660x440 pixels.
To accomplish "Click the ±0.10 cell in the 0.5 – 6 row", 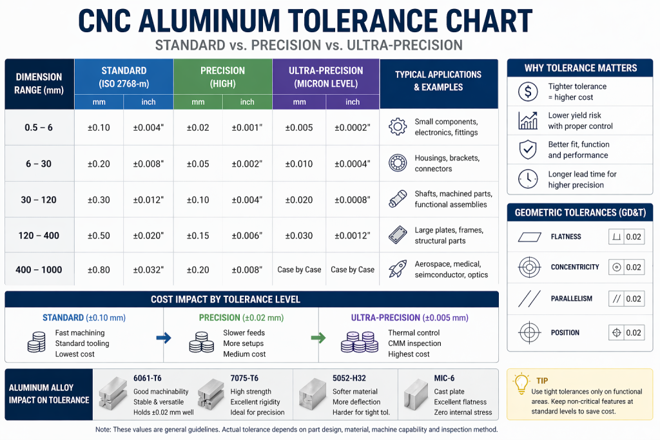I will pyautogui.click(x=99, y=128).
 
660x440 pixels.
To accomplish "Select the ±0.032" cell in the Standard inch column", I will pyautogui.click(x=148, y=270).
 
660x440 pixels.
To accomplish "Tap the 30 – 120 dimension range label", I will pyautogui.click(x=39, y=200).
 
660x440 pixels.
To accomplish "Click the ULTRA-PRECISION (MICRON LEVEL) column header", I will pyautogui.click(x=325, y=77).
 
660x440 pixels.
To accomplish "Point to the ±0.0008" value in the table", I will pyautogui.click(x=353, y=200).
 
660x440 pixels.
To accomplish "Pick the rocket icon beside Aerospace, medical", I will pyautogui.click(x=398, y=269).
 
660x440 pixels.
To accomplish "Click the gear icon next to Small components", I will pyautogui.click(x=398, y=127).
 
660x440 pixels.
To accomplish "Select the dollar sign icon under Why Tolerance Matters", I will pyautogui.click(x=528, y=92).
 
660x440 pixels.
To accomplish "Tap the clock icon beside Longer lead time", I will pyautogui.click(x=528, y=179).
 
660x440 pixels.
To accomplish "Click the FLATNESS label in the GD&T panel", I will pyautogui.click(x=566, y=237).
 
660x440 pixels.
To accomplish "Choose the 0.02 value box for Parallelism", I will pyautogui.click(x=626, y=299).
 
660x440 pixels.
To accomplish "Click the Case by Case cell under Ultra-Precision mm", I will pyautogui.click(x=299, y=270).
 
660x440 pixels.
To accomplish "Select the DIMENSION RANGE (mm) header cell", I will pyautogui.click(x=39, y=84).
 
